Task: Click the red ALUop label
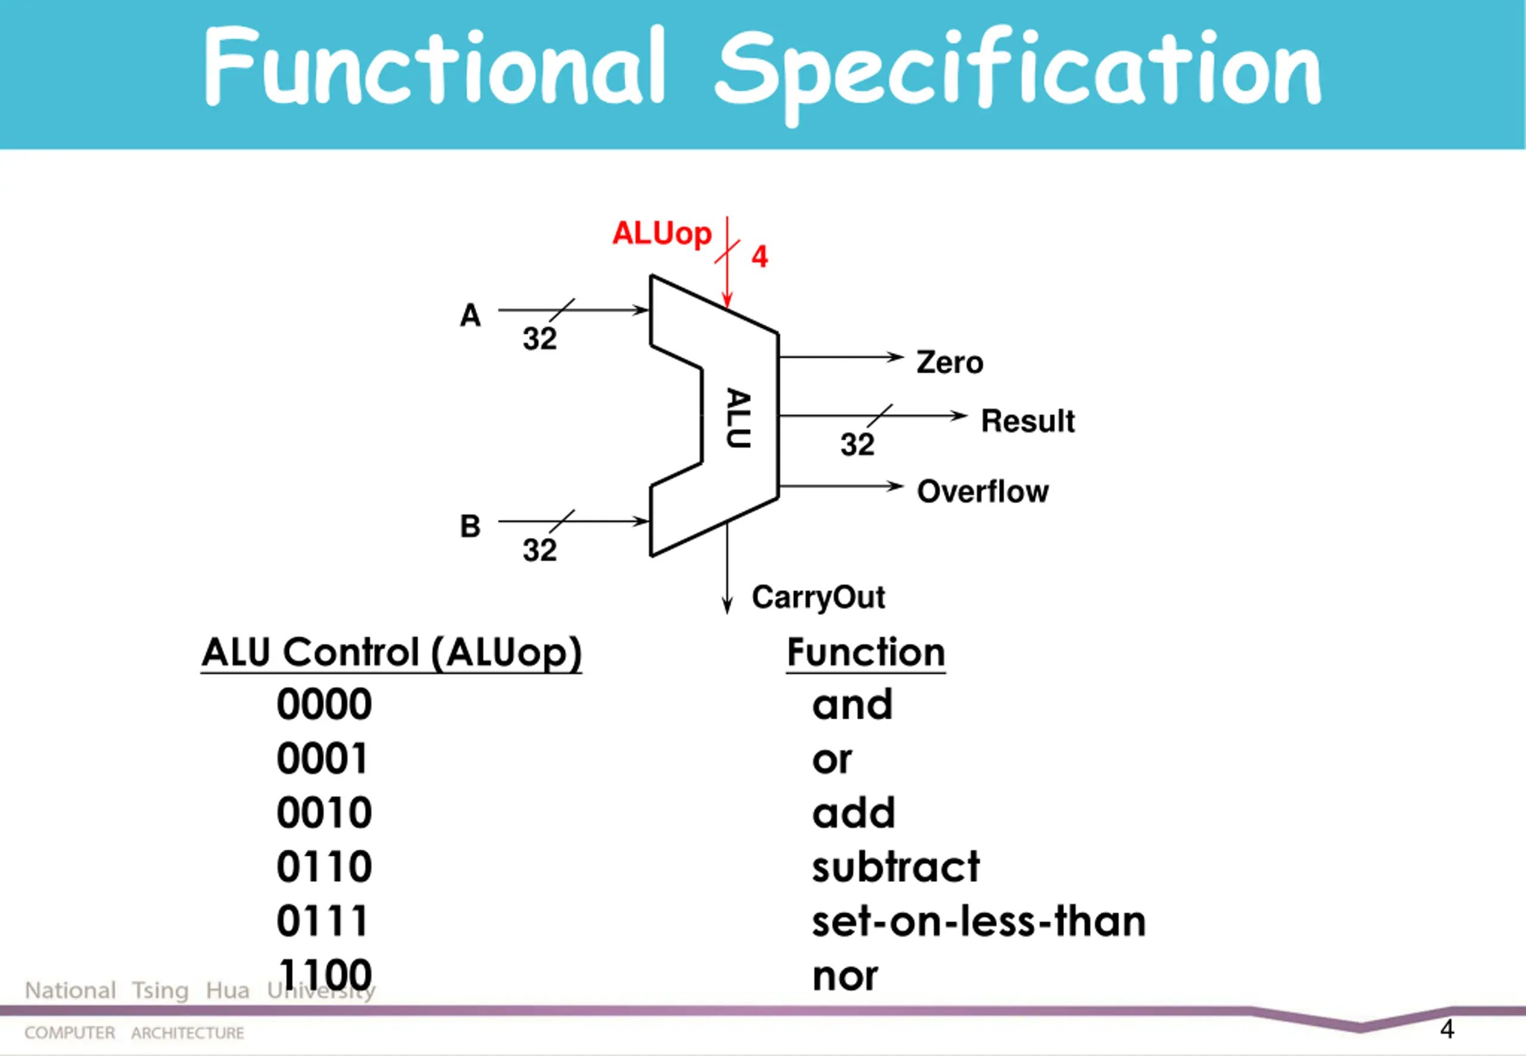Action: (x=661, y=234)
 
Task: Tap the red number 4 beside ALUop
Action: (x=759, y=257)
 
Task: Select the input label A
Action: (x=470, y=316)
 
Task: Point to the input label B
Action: (x=470, y=527)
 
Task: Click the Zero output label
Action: (x=949, y=362)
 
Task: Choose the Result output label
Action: (x=1027, y=421)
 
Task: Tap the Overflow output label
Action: (x=982, y=492)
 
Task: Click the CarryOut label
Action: (x=818, y=598)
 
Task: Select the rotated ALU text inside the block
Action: (x=739, y=418)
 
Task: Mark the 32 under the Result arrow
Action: (x=857, y=445)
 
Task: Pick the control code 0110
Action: (x=324, y=868)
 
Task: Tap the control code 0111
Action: (x=322, y=922)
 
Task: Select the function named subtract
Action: (x=895, y=868)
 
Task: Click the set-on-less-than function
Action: (x=978, y=922)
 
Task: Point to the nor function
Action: (x=845, y=977)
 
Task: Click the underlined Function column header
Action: (x=866, y=653)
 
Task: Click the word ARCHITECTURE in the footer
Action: (x=187, y=1033)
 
